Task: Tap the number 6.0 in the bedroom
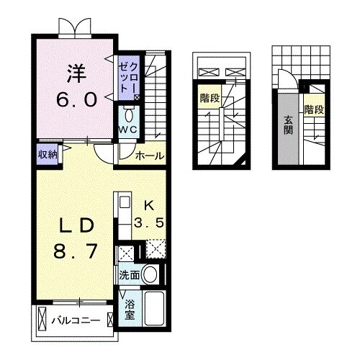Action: coord(76,99)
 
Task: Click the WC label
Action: coord(128,130)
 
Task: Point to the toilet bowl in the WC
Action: coord(129,114)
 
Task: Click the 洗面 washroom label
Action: coord(129,274)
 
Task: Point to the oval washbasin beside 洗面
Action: coord(150,274)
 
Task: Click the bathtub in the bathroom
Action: coord(156,310)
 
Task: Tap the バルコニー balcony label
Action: coord(75,319)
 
